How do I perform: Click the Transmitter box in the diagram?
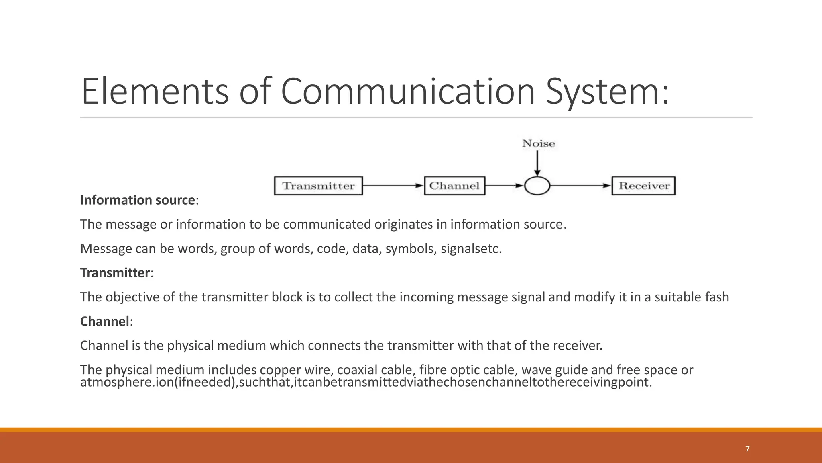pos(318,186)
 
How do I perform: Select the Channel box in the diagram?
pos(454,186)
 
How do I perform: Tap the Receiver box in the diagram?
pos(643,186)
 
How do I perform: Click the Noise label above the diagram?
pos(538,143)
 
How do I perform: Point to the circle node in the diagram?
pos(537,186)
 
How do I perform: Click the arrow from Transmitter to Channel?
pos(393,186)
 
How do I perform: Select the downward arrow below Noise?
pos(537,163)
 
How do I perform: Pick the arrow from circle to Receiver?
pos(580,186)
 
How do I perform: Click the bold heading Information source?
pos(138,200)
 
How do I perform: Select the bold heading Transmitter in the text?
pos(115,273)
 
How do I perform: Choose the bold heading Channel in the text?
pos(105,322)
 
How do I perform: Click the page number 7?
pos(747,449)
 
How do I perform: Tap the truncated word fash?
pos(717,297)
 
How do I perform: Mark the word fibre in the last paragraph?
pos(433,370)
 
